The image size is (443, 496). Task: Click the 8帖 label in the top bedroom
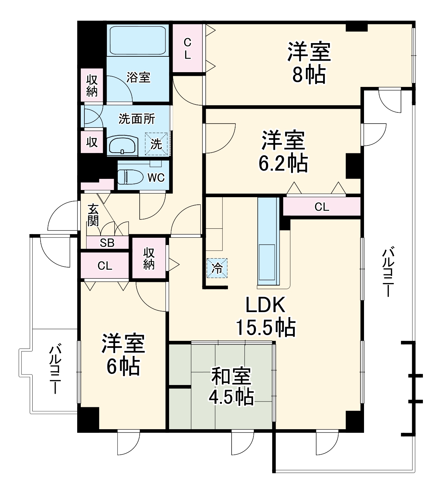309,75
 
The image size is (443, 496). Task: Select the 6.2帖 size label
283,164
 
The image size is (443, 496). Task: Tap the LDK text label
265,305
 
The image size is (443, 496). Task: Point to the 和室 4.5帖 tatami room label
232,386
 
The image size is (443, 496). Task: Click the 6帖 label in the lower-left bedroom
123,366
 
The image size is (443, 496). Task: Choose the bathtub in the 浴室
137,40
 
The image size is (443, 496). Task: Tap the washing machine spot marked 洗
156,144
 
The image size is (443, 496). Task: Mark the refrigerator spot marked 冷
217,268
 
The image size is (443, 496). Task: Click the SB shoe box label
107,243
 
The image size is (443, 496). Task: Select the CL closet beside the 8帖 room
187,48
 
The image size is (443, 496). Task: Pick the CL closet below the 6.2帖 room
322,207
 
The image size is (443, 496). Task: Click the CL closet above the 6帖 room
105,266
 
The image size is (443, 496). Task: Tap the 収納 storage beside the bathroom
92,86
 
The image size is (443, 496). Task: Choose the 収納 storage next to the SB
149,258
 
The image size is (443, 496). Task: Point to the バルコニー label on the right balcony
388,272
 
